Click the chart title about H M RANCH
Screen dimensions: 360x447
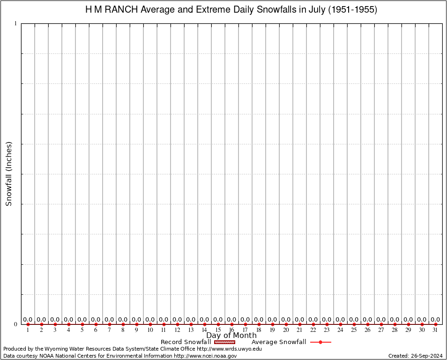[231, 9]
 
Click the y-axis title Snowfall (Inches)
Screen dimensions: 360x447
[8, 173]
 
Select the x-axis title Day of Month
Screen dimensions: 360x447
[231, 336]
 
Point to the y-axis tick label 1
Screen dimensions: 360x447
[15, 23]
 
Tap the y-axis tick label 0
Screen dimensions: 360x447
[15, 324]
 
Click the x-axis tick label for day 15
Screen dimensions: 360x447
[218, 330]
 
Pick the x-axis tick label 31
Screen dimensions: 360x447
[435, 330]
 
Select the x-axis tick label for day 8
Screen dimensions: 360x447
[123, 330]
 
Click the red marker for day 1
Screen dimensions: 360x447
[28, 324]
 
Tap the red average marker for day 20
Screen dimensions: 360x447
[286, 324]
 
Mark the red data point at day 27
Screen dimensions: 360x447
[381, 324]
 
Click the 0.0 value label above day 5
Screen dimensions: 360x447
[82, 320]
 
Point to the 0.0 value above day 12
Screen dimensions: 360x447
[177, 320]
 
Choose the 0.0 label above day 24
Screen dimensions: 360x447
[340, 320]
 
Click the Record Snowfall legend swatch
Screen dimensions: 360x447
[224, 342]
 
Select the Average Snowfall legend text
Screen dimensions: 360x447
[279, 342]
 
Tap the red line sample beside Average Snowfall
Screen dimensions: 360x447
[320, 342]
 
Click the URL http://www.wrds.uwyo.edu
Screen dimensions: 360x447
[229, 349]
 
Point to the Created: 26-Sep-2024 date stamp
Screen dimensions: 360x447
[416, 356]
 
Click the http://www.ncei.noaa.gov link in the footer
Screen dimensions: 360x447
[205, 356]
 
